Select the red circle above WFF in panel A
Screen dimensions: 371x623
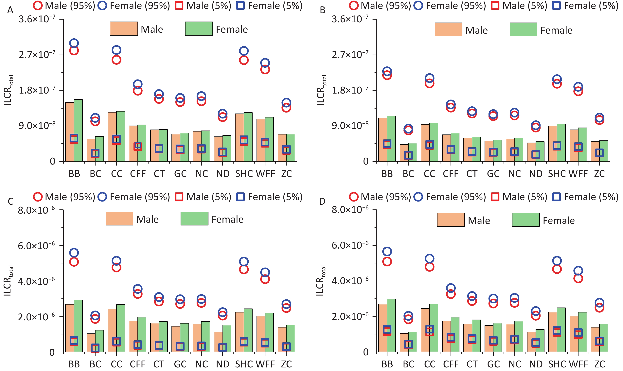tap(265, 69)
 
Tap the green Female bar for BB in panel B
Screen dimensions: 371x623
tap(391, 139)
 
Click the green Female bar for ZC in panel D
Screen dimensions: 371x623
tap(603, 338)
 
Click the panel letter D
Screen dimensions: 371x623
tap(322, 202)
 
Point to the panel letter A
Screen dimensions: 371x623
tap(10, 10)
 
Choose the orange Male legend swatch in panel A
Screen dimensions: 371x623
tap(124, 28)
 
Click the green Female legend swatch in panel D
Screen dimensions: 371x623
tap(525, 220)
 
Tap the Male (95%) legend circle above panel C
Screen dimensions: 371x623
tap(38, 197)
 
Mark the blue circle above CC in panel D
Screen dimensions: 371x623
tap(430, 258)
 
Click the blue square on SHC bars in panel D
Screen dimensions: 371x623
tap(557, 330)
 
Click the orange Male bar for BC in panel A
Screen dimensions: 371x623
tap(91, 150)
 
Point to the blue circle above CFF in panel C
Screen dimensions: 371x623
tap(138, 289)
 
